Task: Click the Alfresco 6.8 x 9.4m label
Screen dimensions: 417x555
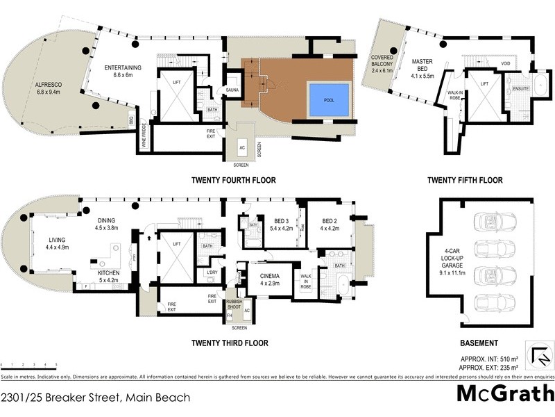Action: tap(49, 89)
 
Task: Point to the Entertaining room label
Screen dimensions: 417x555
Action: tap(123, 72)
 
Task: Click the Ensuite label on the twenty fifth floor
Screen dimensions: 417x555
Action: tap(521, 90)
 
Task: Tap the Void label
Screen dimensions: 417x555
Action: tap(506, 64)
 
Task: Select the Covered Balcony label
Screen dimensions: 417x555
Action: tap(382, 63)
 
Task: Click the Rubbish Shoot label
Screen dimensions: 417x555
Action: tap(234, 305)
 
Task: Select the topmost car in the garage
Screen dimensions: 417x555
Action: tap(495, 221)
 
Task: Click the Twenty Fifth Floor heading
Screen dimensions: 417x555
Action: tap(464, 181)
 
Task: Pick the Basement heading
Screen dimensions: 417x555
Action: tap(479, 343)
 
